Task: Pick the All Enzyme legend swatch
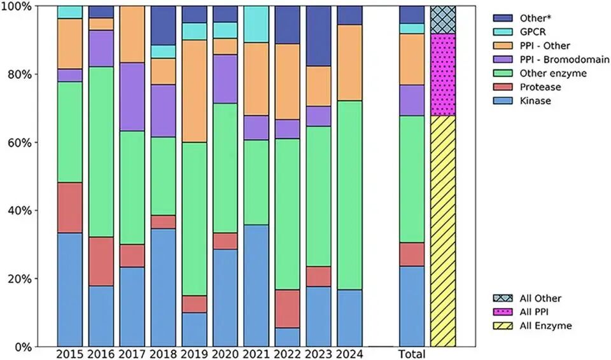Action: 506,326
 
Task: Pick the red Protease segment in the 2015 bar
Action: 70,207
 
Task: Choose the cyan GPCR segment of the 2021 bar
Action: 256,24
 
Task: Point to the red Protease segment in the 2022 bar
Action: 287,308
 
